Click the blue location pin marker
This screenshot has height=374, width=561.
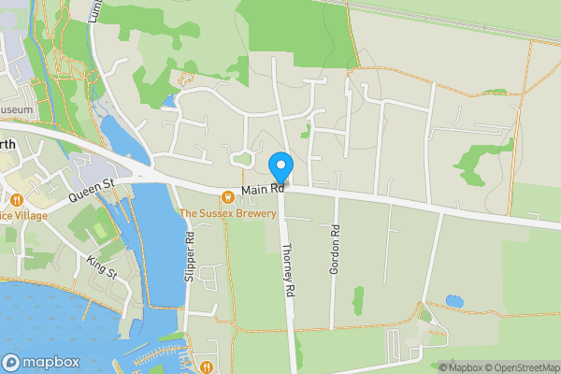pos(281,167)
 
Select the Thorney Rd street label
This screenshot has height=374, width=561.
pos(288,271)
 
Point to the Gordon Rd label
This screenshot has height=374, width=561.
pos(334,251)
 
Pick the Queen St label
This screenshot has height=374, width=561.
pos(91,192)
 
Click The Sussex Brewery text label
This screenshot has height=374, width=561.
pos(228,213)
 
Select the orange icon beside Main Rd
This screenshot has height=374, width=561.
pos(227,195)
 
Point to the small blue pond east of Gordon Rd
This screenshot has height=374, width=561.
pos(454,301)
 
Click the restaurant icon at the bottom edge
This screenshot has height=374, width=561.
pos(204,367)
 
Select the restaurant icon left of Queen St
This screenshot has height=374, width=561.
pos(17,198)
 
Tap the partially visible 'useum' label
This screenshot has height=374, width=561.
pos(17,110)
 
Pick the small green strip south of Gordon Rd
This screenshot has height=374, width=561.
pos(358,299)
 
